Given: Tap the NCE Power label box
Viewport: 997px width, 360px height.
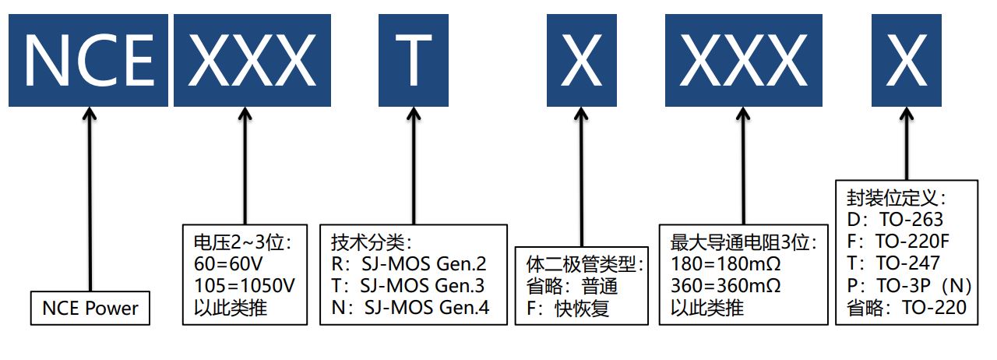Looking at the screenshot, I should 90,309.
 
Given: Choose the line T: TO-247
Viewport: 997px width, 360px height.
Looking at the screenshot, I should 893,263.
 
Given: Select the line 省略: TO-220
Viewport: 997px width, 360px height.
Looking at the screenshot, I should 906,308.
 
